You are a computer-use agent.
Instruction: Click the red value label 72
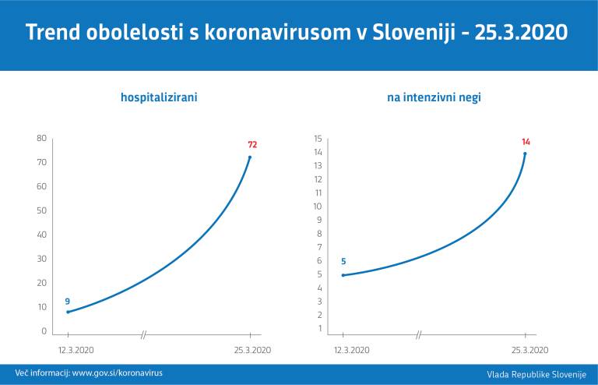(252, 145)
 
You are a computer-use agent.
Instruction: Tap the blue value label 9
(68, 301)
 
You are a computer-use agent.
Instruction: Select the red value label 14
(526, 142)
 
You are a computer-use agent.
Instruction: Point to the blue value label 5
(343, 262)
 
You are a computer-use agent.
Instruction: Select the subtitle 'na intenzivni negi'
(439, 98)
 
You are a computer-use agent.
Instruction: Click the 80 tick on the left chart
(41, 138)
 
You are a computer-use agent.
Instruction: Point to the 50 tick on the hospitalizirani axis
(41, 210)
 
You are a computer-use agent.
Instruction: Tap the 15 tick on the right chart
(318, 139)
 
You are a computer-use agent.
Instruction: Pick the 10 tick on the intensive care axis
(318, 207)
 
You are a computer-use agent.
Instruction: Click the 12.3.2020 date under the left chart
(76, 350)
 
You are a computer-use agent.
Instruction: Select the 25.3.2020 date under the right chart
(529, 350)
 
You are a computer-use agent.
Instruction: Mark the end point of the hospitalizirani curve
(250, 157)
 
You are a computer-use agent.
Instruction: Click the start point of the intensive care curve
(343, 275)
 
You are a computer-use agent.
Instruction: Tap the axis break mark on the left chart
(144, 335)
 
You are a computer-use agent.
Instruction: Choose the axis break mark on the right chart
(419, 335)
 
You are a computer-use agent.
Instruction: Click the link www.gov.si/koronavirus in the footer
(118, 373)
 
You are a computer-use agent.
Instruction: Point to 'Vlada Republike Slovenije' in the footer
(536, 374)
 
